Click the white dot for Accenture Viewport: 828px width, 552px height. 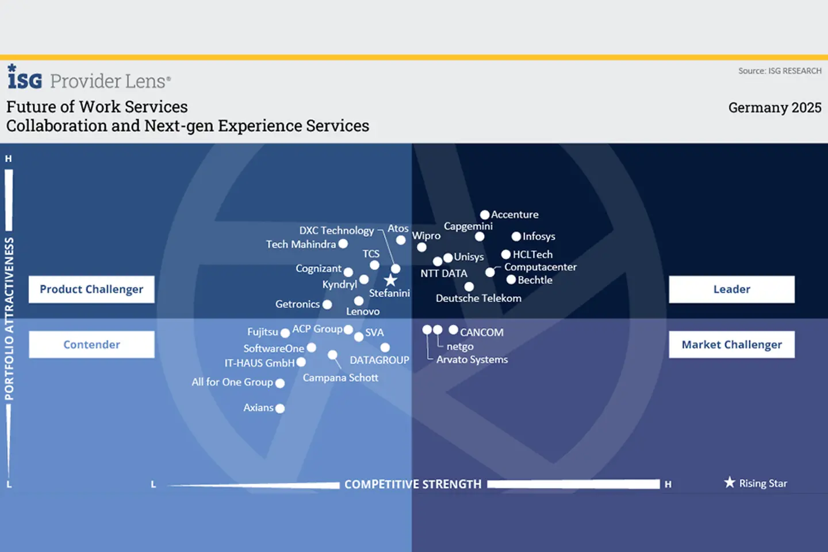point(485,214)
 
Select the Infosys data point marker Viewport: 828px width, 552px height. point(516,236)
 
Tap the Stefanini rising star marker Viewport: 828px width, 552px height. point(390,280)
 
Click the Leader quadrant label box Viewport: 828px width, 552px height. point(731,289)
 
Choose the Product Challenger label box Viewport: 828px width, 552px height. point(91,289)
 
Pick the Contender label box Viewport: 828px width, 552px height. point(91,344)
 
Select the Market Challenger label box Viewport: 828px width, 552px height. point(731,344)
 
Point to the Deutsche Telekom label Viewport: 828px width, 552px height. point(478,298)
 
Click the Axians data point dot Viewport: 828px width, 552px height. point(280,408)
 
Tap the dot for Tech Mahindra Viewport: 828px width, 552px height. point(343,244)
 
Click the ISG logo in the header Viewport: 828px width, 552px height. point(25,78)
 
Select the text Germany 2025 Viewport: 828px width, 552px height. point(775,108)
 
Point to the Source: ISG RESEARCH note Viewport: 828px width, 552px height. point(780,71)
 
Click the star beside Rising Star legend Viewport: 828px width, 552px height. point(730,482)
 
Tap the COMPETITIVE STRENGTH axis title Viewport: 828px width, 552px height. point(413,484)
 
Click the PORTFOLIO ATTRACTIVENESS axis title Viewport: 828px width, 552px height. point(9,319)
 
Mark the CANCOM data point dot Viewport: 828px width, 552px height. point(453,329)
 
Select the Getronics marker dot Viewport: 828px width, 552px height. point(327,305)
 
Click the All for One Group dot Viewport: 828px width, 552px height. point(280,383)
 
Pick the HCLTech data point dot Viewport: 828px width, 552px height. point(506,254)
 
